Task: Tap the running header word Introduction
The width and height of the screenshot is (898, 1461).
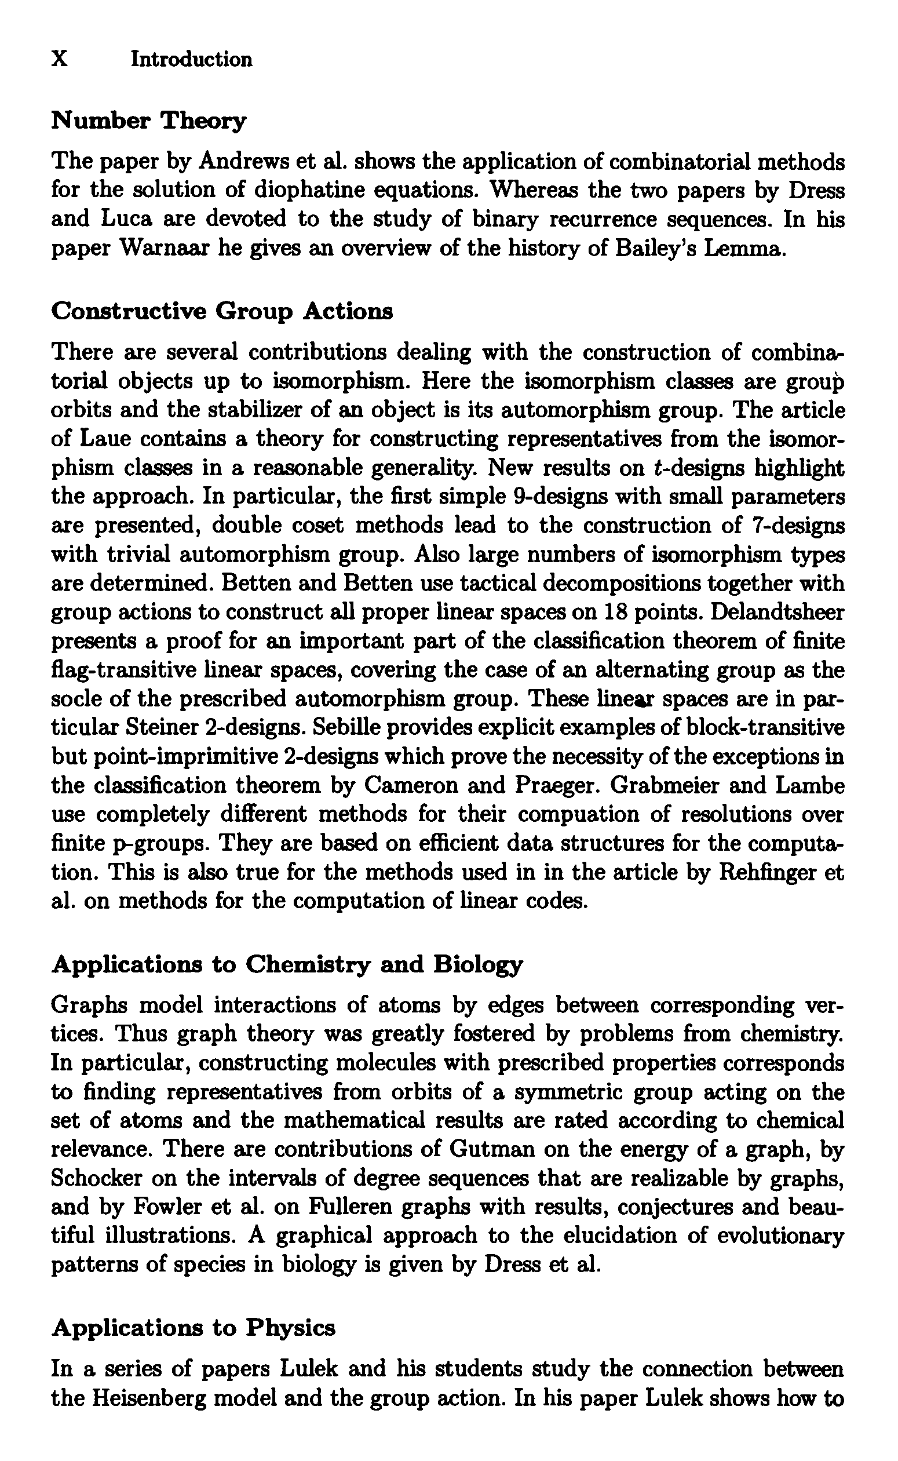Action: click(x=191, y=59)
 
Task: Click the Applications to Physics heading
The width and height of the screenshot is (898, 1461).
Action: click(x=194, y=1327)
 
